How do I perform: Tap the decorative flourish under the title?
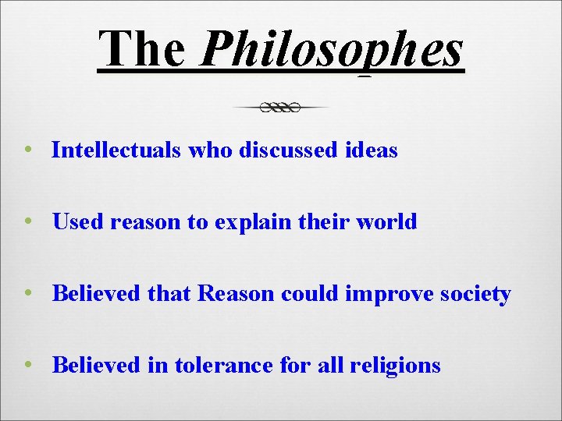(x=281, y=108)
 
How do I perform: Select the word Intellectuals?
(x=117, y=150)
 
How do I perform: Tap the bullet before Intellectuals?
(x=28, y=150)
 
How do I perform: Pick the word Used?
(x=78, y=221)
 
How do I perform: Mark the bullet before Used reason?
(x=28, y=221)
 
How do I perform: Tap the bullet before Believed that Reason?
(x=28, y=294)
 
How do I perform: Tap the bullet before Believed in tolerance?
(x=28, y=365)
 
